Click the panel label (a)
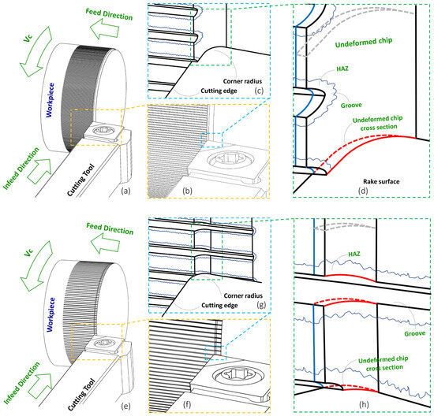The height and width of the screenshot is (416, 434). (x=125, y=191)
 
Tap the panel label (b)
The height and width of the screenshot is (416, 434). (x=187, y=191)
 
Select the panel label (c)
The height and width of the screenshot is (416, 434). (x=259, y=91)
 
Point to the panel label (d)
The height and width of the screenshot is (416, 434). (x=363, y=191)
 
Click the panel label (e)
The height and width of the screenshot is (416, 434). (x=125, y=406)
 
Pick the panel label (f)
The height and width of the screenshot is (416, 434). (x=187, y=405)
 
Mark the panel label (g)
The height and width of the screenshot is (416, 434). (x=261, y=305)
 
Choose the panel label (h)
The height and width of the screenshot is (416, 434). (x=364, y=404)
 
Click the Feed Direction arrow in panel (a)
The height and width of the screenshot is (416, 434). (x=105, y=30)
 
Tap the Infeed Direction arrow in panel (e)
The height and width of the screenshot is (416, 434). (x=40, y=386)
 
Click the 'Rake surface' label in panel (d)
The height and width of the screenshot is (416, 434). (x=381, y=181)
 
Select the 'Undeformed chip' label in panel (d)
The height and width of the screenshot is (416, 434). (x=364, y=43)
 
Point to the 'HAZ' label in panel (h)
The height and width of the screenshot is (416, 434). (x=354, y=254)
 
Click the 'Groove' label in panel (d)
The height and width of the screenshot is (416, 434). (x=351, y=106)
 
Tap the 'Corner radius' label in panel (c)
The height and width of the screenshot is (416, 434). (x=242, y=81)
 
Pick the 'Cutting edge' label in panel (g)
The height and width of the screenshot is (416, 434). (x=219, y=305)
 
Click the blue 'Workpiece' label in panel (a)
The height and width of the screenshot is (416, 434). (x=50, y=100)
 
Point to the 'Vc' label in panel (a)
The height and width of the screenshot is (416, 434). (x=28, y=38)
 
